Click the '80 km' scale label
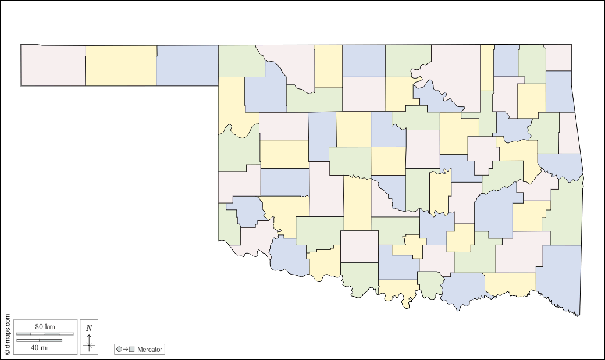pos(45,327)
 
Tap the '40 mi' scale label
pos(40,347)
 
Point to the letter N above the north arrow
pos(89,327)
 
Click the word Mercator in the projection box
pos(150,350)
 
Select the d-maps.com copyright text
pos(7,334)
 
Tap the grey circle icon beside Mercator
pos(119,350)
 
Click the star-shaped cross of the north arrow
pos(89,345)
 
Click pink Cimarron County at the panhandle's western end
pos(53,65)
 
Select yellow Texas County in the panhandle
pos(121,65)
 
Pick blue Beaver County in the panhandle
pos(187,65)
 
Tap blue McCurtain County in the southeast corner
pos(560,276)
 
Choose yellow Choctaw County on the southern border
pos(510,283)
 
